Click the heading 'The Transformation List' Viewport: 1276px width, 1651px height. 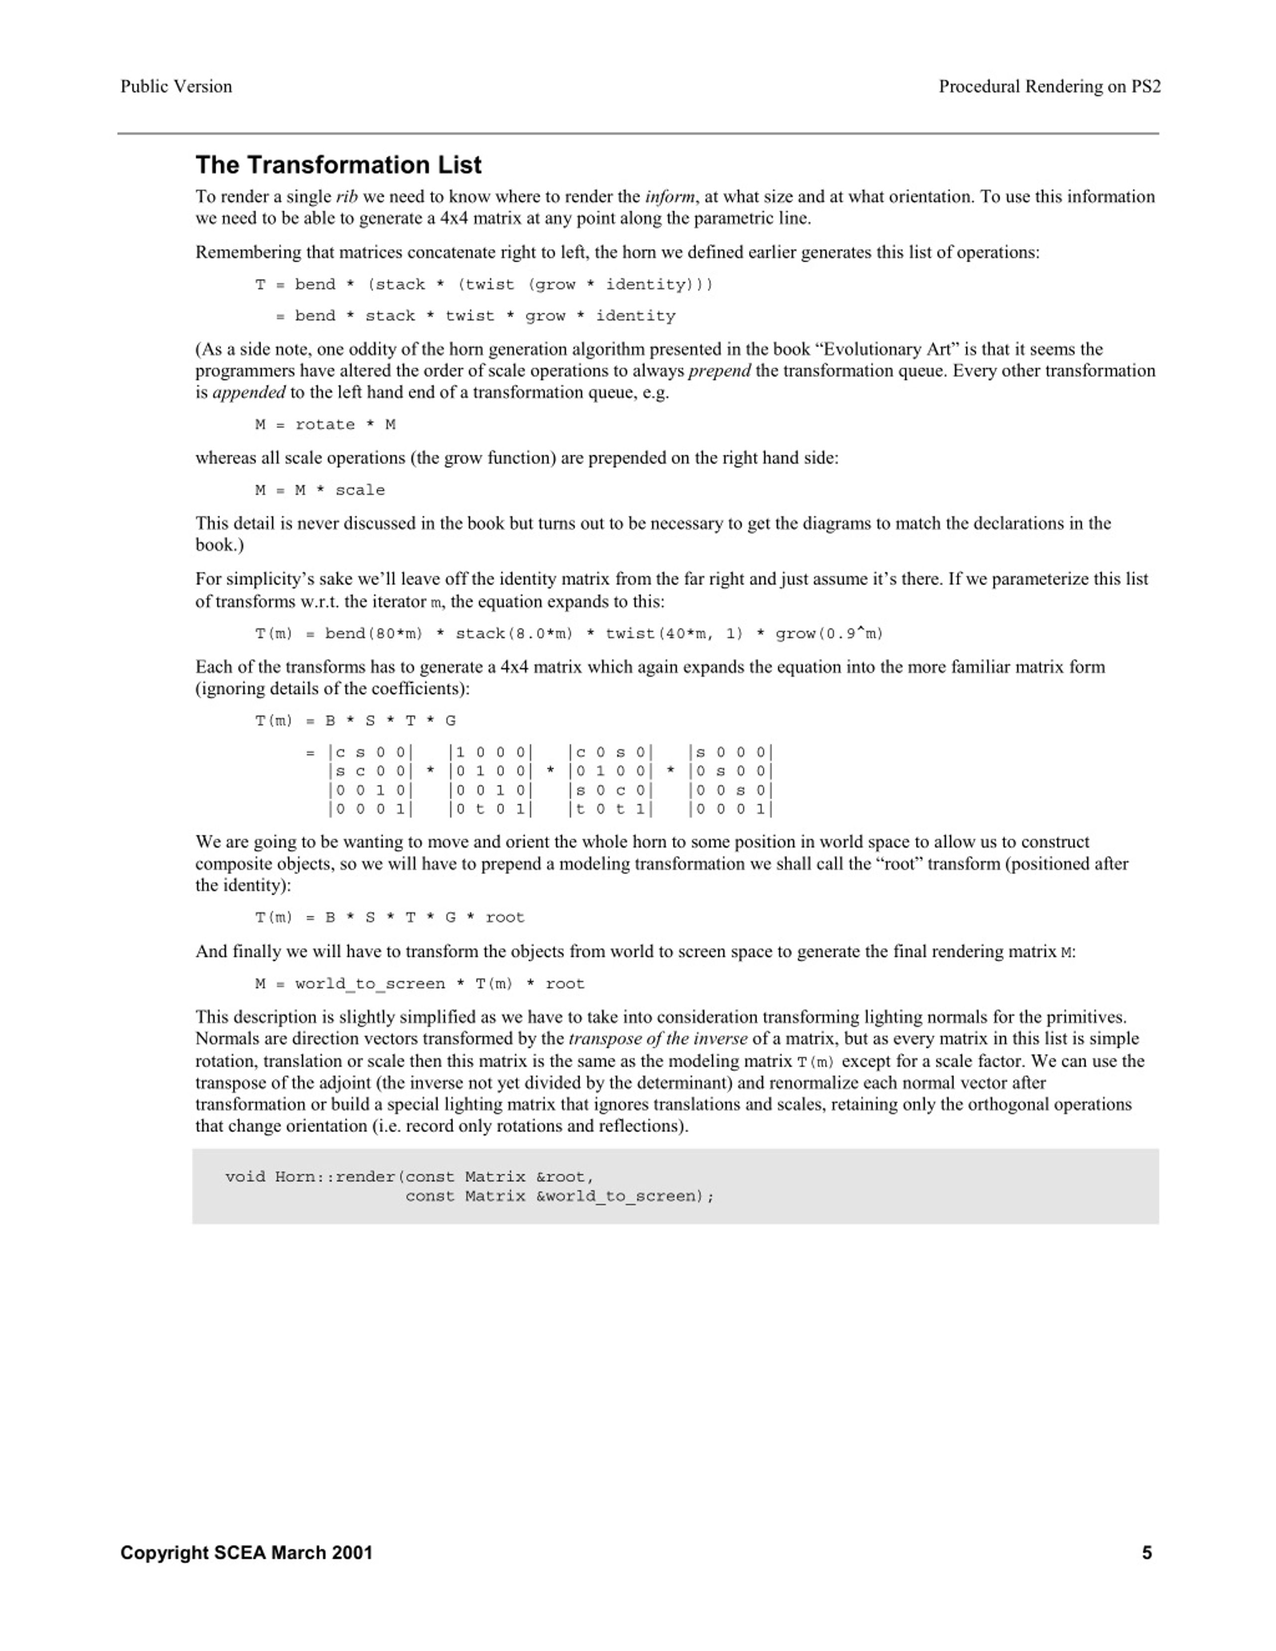point(338,165)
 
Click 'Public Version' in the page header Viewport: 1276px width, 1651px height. point(176,86)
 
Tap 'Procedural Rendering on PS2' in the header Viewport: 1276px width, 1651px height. point(1049,86)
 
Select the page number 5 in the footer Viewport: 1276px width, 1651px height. point(1147,1553)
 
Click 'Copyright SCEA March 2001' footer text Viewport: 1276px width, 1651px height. point(246,1553)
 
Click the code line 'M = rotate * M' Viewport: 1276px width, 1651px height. point(325,425)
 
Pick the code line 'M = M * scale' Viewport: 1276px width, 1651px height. point(320,490)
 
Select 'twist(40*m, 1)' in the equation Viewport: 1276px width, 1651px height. point(674,633)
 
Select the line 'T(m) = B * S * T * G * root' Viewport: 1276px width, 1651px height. point(389,918)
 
